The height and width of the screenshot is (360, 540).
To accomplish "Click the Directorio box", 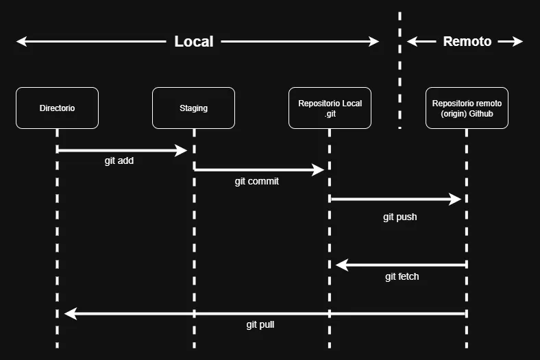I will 57,108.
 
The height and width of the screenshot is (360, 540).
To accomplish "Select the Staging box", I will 193,108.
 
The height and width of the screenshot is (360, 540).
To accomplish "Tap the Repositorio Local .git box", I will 330,108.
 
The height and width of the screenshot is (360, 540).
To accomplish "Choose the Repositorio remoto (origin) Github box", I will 467,108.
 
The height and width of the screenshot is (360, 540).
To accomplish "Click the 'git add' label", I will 119,161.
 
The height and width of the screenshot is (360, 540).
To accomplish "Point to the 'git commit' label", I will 257,182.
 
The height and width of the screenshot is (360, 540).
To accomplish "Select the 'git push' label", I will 400,217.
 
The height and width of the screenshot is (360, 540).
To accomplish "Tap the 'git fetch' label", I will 402,277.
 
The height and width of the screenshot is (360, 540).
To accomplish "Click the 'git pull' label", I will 260,324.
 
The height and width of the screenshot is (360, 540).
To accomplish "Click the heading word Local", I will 194,42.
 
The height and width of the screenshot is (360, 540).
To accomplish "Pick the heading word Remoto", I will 467,42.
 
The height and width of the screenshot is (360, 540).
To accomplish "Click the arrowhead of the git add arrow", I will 182,150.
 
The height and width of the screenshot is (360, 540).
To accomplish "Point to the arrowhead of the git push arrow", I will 456,200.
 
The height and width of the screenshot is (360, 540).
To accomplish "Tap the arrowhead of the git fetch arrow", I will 341,265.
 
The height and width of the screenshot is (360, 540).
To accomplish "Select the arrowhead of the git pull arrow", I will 70,313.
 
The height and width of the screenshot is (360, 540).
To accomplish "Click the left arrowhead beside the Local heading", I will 22,42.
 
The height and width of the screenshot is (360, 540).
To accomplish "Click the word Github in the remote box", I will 480,114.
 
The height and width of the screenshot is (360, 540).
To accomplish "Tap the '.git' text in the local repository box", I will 330,114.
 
